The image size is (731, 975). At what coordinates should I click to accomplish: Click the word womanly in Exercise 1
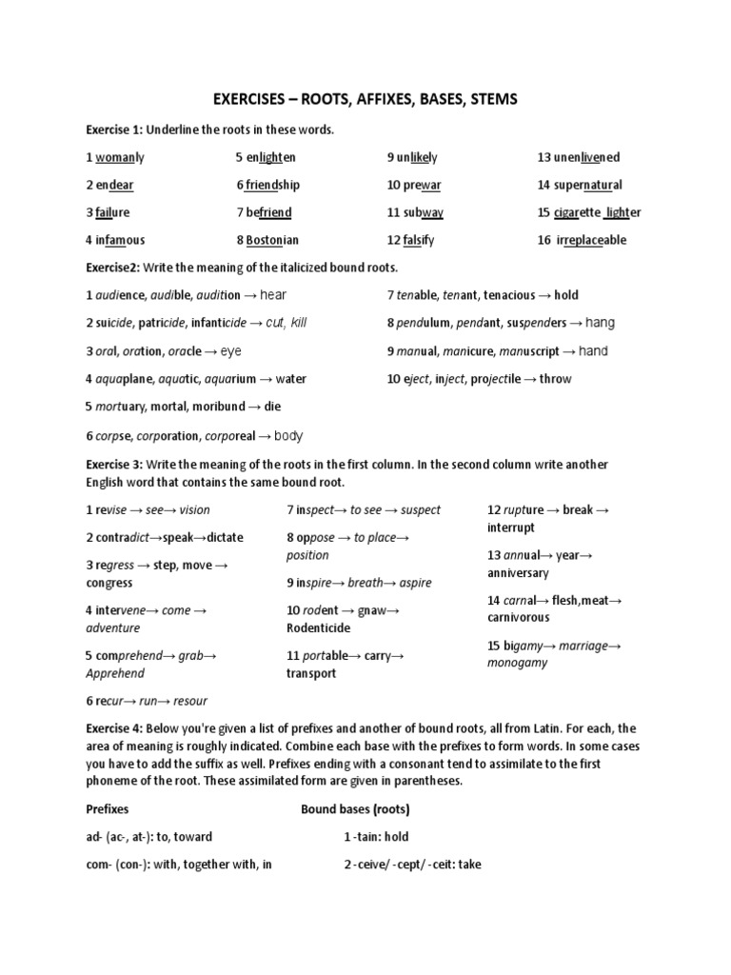pyautogui.click(x=120, y=157)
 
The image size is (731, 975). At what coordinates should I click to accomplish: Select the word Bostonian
pyautogui.click(x=272, y=240)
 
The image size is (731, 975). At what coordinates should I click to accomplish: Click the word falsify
pyautogui.click(x=417, y=240)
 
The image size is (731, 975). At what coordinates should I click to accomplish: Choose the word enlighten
pyautogui.click(x=270, y=157)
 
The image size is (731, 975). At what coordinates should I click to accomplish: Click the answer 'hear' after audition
pyautogui.click(x=273, y=295)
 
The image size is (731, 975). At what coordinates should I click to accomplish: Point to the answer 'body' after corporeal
pyautogui.click(x=288, y=436)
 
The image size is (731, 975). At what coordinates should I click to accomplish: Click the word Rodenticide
pyautogui.click(x=318, y=628)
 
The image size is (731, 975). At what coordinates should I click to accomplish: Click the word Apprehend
pyautogui.click(x=115, y=674)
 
